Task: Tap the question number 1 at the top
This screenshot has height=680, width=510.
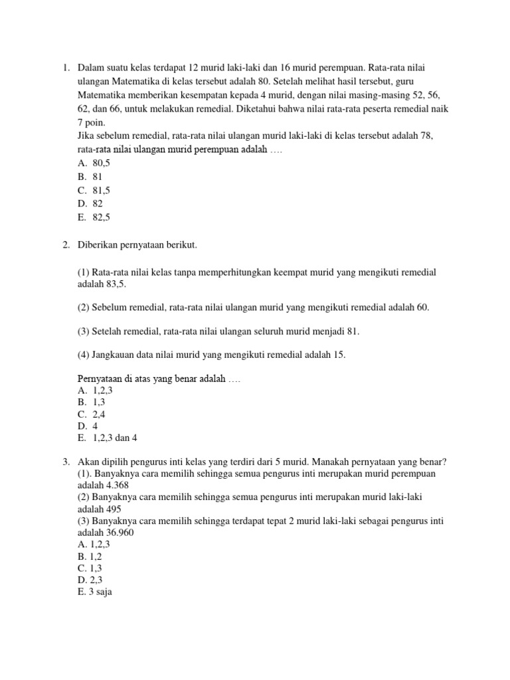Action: (x=66, y=68)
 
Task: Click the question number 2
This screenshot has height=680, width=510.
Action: (x=66, y=246)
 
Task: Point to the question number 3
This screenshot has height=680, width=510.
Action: (x=66, y=462)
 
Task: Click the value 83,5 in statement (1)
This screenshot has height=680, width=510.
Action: (x=114, y=284)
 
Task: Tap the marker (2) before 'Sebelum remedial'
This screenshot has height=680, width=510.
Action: (x=84, y=307)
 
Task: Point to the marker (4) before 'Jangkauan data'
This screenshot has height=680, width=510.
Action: (x=84, y=355)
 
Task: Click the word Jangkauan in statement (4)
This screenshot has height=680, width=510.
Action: (x=114, y=355)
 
